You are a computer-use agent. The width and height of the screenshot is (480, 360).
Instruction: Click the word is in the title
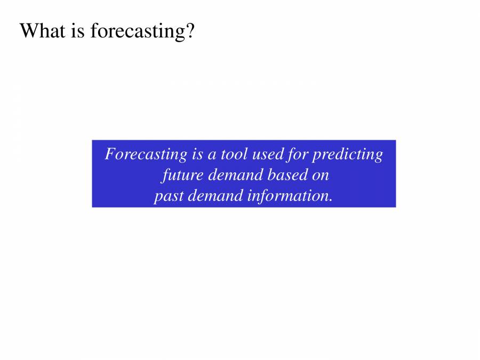[78, 31]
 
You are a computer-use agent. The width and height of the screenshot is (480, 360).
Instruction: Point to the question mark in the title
[190, 31]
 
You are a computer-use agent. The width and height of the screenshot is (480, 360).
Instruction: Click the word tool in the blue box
[233, 154]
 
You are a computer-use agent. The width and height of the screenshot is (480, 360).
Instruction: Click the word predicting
[347, 155]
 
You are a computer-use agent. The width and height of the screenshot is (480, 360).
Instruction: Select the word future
[178, 175]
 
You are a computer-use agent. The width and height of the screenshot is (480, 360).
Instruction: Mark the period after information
[331, 200]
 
